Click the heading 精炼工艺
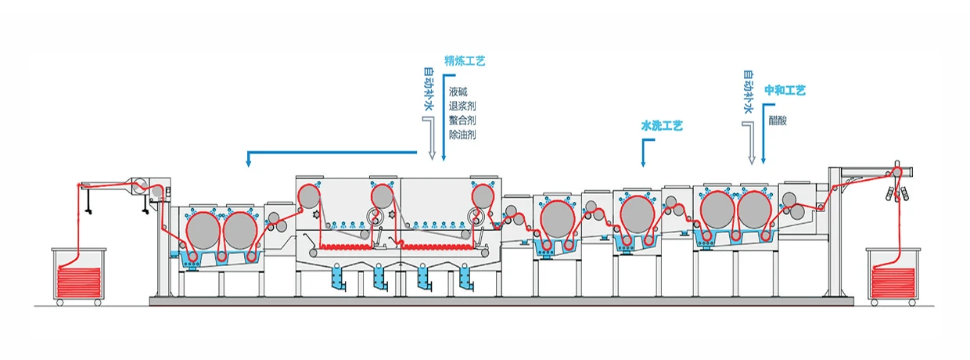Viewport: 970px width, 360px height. coord(465,59)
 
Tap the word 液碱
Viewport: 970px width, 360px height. coord(458,91)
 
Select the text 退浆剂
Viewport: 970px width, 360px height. coord(463,106)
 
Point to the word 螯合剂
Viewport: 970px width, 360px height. coord(463,121)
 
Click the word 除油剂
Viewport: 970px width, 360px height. coord(463,135)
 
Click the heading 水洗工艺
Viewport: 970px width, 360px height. coord(662,125)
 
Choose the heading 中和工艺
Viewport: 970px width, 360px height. coord(785,90)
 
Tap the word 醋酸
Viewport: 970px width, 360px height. coord(778,120)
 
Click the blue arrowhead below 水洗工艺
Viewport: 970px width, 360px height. coord(642,164)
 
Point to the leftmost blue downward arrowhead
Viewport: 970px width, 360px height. coord(248,164)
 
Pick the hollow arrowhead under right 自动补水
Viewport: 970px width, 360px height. coord(753,160)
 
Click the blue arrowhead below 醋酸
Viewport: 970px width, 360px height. coord(763,160)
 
